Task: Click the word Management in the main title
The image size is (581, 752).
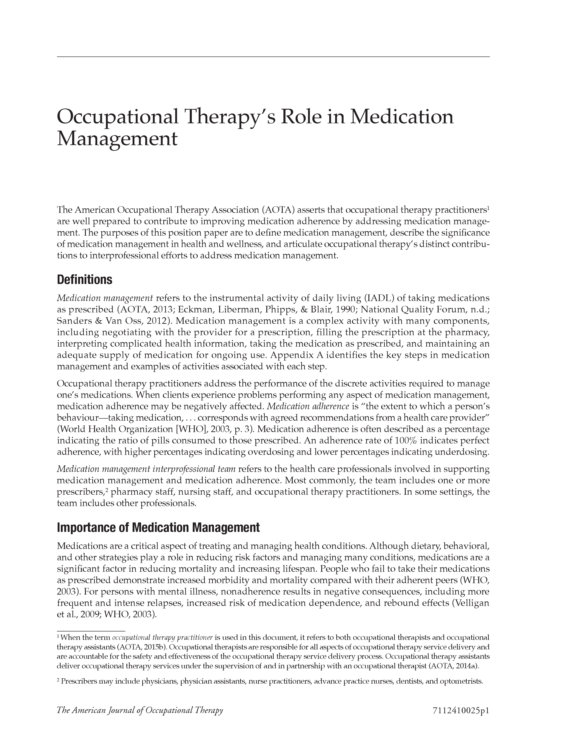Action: (x=117, y=139)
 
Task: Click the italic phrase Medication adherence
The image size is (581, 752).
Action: (x=308, y=406)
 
